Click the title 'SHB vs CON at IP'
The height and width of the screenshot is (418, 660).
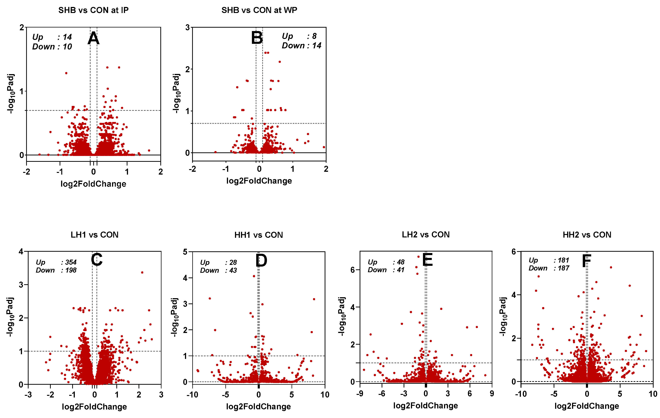point(93,10)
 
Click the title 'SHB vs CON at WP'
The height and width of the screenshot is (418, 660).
point(259,10)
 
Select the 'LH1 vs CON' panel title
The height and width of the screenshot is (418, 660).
point(94,235)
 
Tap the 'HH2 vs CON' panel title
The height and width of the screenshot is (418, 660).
point(587,235)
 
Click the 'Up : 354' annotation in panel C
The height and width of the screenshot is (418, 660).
point(56,262)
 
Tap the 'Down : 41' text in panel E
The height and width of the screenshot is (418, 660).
point(386,270)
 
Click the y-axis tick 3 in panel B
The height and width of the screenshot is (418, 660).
point(187,27)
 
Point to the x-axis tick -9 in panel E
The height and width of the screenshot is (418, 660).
point(360,394)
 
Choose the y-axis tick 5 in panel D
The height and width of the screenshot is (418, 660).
point(185,252)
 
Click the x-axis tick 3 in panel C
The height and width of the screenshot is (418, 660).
point(161,395)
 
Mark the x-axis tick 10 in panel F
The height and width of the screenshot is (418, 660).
point(653,394)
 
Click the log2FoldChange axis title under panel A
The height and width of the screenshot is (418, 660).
point(93,184)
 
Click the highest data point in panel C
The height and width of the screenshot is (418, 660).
point(142,272)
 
